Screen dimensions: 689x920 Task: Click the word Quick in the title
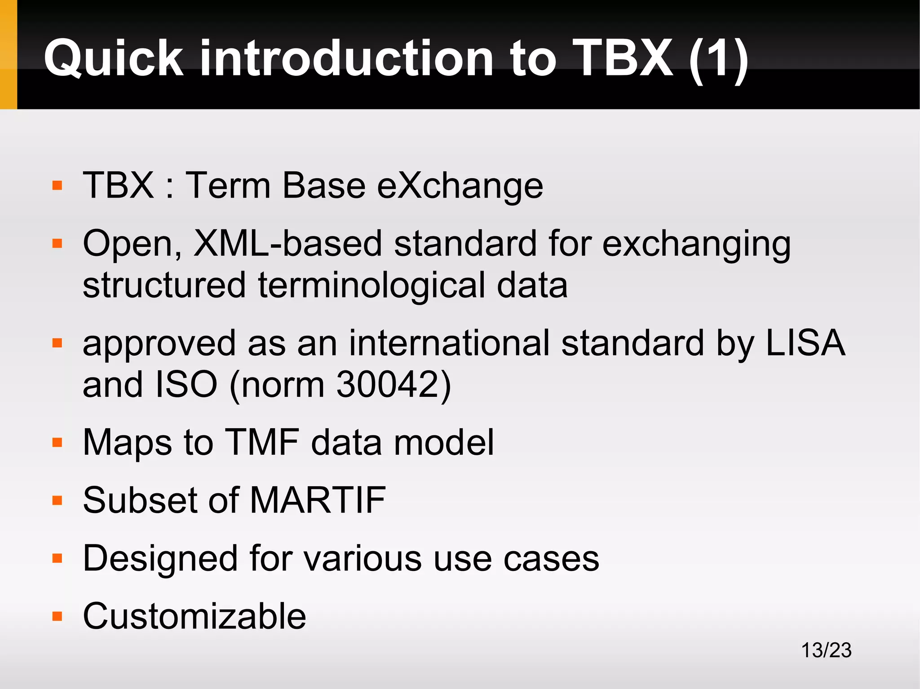pyautogui.click(x=113, y=58)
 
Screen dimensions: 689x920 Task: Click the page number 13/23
pyautogui.click(x=826, y=650)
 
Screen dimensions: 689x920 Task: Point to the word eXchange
pyautogui.click(x=460, y=186)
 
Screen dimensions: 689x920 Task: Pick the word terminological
pyautogui.click(x=372, y=286)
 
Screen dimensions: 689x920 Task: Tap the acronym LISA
pyautogui.click(x=805, y=343)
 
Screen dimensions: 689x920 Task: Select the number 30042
pyautogui.click(x=387, y=385)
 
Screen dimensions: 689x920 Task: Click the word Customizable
pyautogui.click(x=195, y=616)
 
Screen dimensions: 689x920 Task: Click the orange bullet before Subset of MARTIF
pyautogui.click(x=57, y=500)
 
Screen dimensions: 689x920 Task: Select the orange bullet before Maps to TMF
pyautogui.click(x=57, y=443)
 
